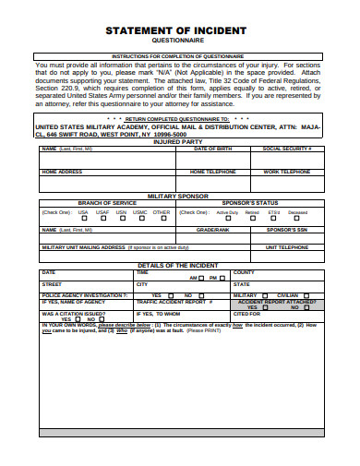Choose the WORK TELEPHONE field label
(x=287, y=172)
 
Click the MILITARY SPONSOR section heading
(x=179, y=196)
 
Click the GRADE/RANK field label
(x=212, y=229)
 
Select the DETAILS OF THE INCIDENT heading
(x=179, y=265)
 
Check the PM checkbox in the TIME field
(x=222, y=277)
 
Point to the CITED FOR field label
(x=246, y=314)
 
